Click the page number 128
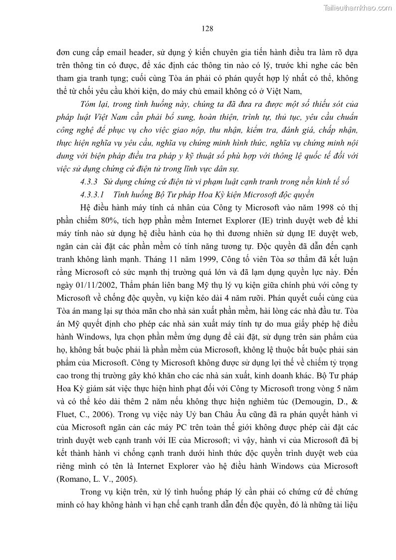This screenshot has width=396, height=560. click(x=208, y=28)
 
